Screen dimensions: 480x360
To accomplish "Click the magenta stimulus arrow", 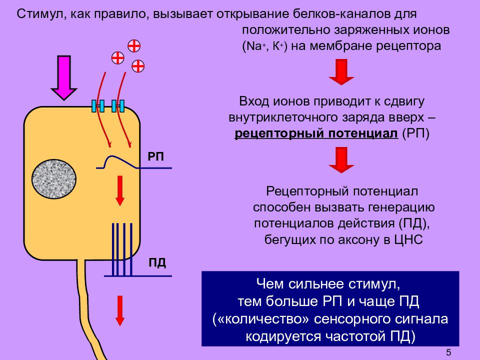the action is (x=64, y=78).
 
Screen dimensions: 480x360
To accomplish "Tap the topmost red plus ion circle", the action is (x=134, y=46).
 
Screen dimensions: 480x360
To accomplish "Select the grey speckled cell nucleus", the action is (x=54, y=179).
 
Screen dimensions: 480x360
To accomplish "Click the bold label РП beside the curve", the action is (x=155, y=156).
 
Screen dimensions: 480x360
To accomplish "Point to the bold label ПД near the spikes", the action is (x=157, y=263).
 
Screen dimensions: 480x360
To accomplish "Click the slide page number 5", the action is (x=448, y=352).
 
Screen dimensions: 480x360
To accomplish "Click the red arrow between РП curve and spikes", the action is (x=120, y=190).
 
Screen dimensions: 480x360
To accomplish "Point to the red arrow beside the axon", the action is (x=120, y=310).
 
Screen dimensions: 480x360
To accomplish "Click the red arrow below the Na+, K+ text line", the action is (x=341, y=72).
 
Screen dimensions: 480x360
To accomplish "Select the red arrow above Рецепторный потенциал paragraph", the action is (x=341, y=160).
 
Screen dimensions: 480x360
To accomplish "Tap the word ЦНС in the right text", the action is (x=408, y=239).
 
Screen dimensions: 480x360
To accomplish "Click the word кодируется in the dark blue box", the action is (x=283, y=336).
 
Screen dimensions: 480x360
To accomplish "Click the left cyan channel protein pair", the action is (x=98, y=106).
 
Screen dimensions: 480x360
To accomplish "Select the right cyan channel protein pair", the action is (x=118, y=106).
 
